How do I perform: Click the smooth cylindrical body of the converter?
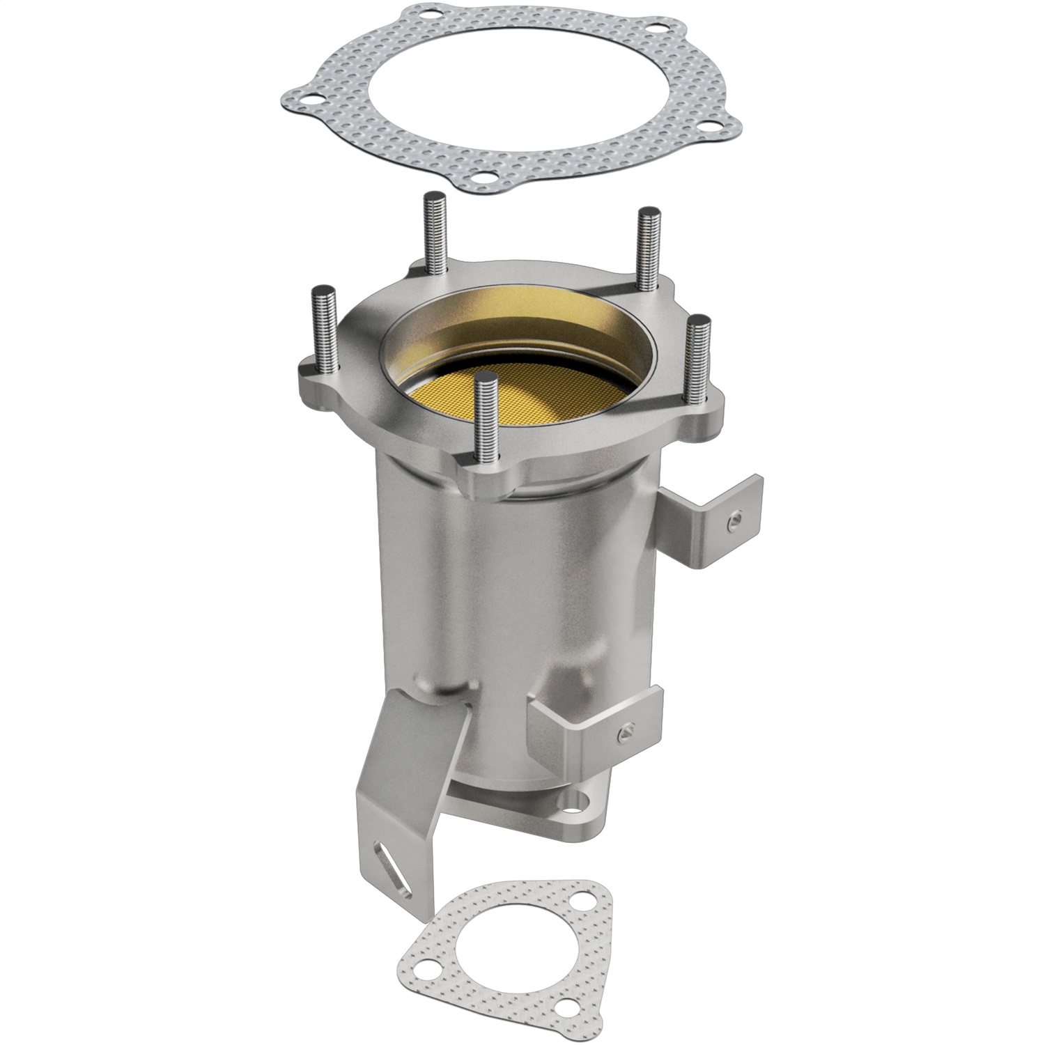pos(516,599)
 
